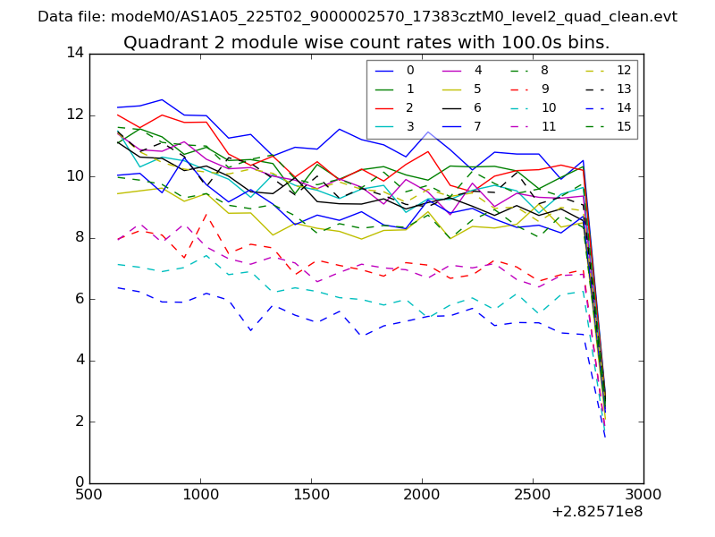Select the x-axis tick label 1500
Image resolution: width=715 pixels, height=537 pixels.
tap(310, 494)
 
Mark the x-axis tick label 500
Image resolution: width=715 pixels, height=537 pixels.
tap(89, 494)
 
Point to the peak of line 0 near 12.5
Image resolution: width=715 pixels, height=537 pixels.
tap(162, 99)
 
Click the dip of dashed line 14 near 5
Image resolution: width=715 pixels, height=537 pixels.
tap(251, 330)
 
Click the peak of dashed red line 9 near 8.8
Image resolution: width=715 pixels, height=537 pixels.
tap(206, 213)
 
